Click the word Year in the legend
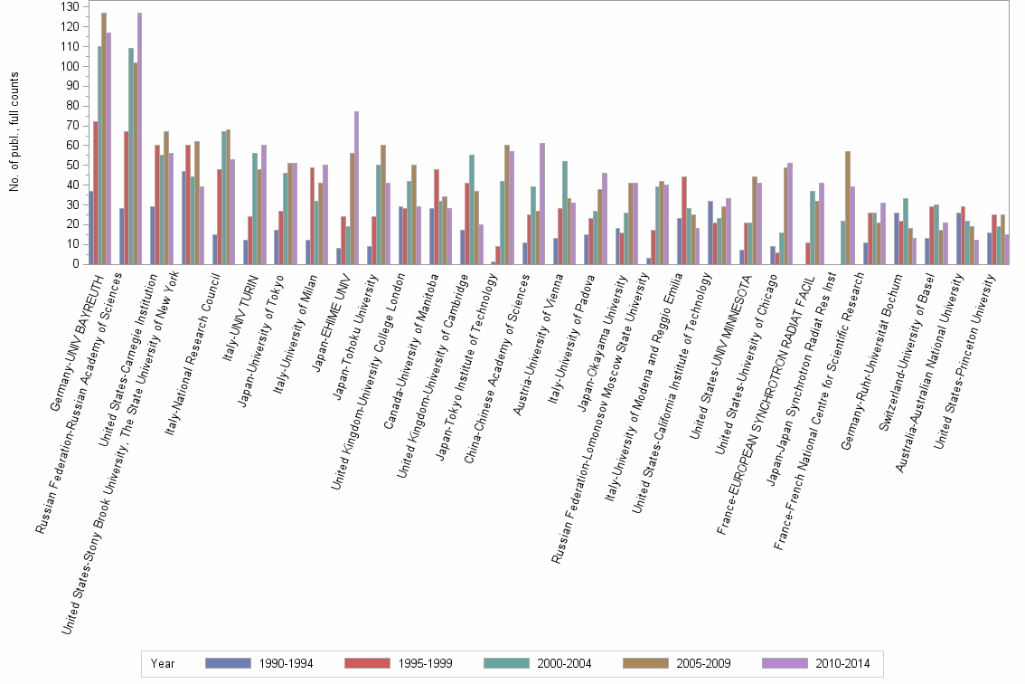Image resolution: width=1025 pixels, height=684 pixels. point(164,663)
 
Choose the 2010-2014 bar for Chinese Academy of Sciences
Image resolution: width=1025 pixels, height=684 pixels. point(541,204)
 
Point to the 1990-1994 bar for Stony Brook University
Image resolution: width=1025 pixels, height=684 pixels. point(183,218)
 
